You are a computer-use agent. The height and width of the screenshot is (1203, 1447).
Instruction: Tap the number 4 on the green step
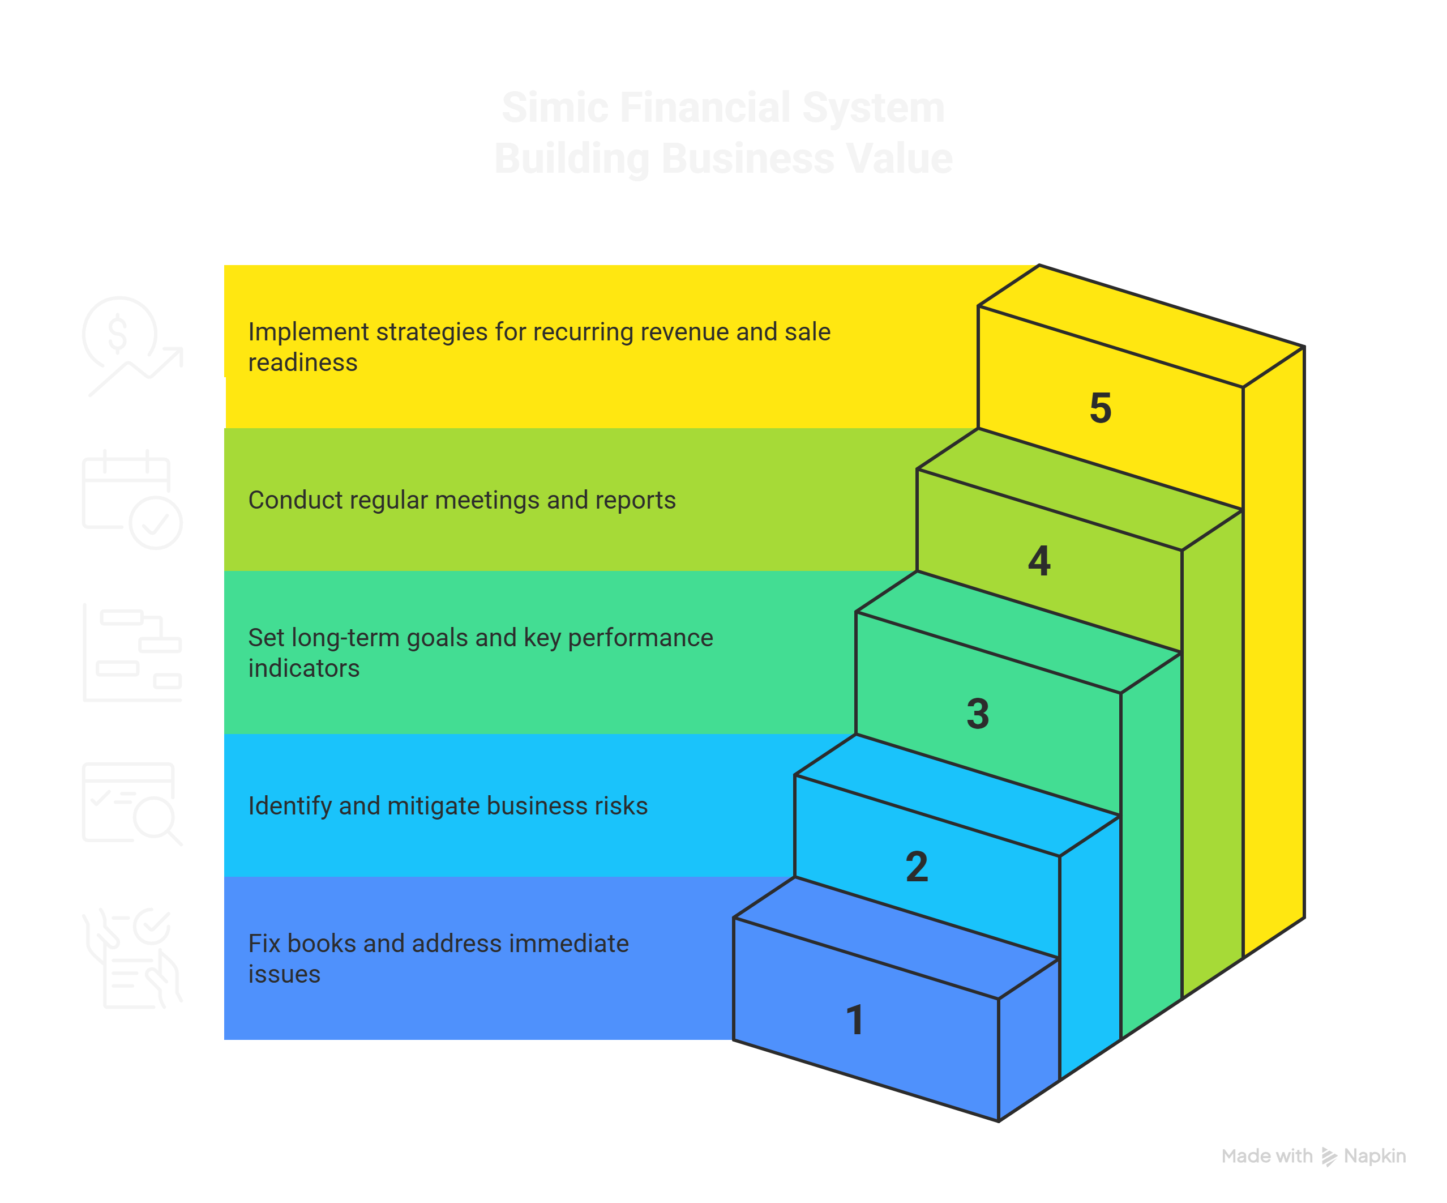click(1039, 561)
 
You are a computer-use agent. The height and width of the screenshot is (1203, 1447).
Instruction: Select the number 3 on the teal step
click(978, 714)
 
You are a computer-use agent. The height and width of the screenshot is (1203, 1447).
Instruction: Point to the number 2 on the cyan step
click(917, 867)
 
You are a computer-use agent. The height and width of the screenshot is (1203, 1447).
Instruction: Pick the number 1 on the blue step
click(855, 1019)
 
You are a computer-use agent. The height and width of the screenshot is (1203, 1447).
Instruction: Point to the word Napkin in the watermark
click(1375, 1156)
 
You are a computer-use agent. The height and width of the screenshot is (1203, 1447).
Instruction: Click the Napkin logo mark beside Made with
click(1329, 1157)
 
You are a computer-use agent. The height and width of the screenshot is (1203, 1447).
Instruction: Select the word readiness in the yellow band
click(302, 362)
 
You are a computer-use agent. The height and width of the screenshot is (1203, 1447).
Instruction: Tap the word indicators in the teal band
click(304, 669)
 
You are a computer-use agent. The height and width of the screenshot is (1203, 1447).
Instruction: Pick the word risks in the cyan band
click(624, 806)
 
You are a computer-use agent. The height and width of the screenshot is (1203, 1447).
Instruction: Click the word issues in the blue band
click(284, 975)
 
